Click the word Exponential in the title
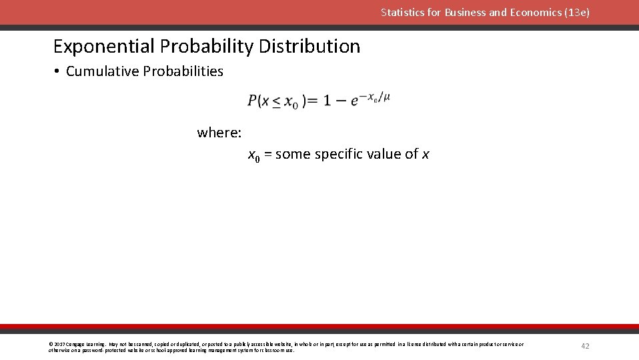[104, 47]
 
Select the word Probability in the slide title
[207, 47]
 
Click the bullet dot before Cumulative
[58, 72]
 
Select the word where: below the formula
[219, 133]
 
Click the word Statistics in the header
[402, 13]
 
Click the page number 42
[586, 346]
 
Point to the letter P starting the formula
[253, 101]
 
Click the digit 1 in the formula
[327, 101]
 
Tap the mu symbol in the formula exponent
[387, 97]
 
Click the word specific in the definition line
[338, 155]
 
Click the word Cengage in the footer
[74, 345]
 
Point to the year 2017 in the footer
[59, 345]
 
